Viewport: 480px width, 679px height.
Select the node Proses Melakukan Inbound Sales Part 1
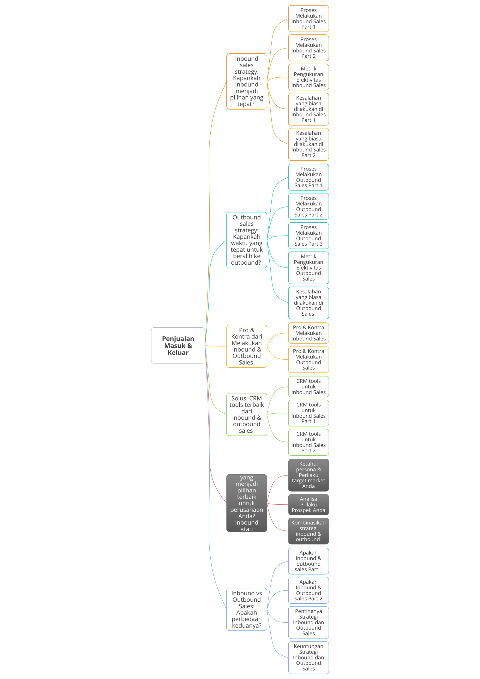tap(309, 18)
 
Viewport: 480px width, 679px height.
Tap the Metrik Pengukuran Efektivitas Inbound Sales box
tap(309, 77)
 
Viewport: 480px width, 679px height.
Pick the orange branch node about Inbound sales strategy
tap(247, 81)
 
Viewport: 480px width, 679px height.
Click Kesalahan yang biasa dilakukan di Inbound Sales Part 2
tap(309, 144)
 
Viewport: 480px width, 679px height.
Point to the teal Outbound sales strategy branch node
tap(247, 240)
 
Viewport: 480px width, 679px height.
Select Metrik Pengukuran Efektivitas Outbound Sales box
tap(309, 268)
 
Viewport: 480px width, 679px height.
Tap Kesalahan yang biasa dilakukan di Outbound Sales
tap(309, 303)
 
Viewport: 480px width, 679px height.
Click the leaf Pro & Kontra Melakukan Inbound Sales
tap(309, 333)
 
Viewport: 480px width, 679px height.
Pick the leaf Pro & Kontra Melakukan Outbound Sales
tap(309, 359)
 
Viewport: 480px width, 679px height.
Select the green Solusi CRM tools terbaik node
tap(247, 414)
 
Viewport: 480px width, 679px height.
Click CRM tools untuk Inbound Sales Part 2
tap(309, 442)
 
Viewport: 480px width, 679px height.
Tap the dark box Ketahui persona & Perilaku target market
tap(309, 475)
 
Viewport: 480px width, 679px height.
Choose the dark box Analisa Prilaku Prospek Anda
tap(309, 505)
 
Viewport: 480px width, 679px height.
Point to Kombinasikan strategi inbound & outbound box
tap(309, 531)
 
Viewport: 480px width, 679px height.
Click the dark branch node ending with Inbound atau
tap(247, 503)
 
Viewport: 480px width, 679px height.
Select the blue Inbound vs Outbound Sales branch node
tap(247, 609)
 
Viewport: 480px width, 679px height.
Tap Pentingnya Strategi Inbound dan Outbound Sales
tap(309, 622)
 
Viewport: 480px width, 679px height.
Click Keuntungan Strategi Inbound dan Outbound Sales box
tap(309, 657)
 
